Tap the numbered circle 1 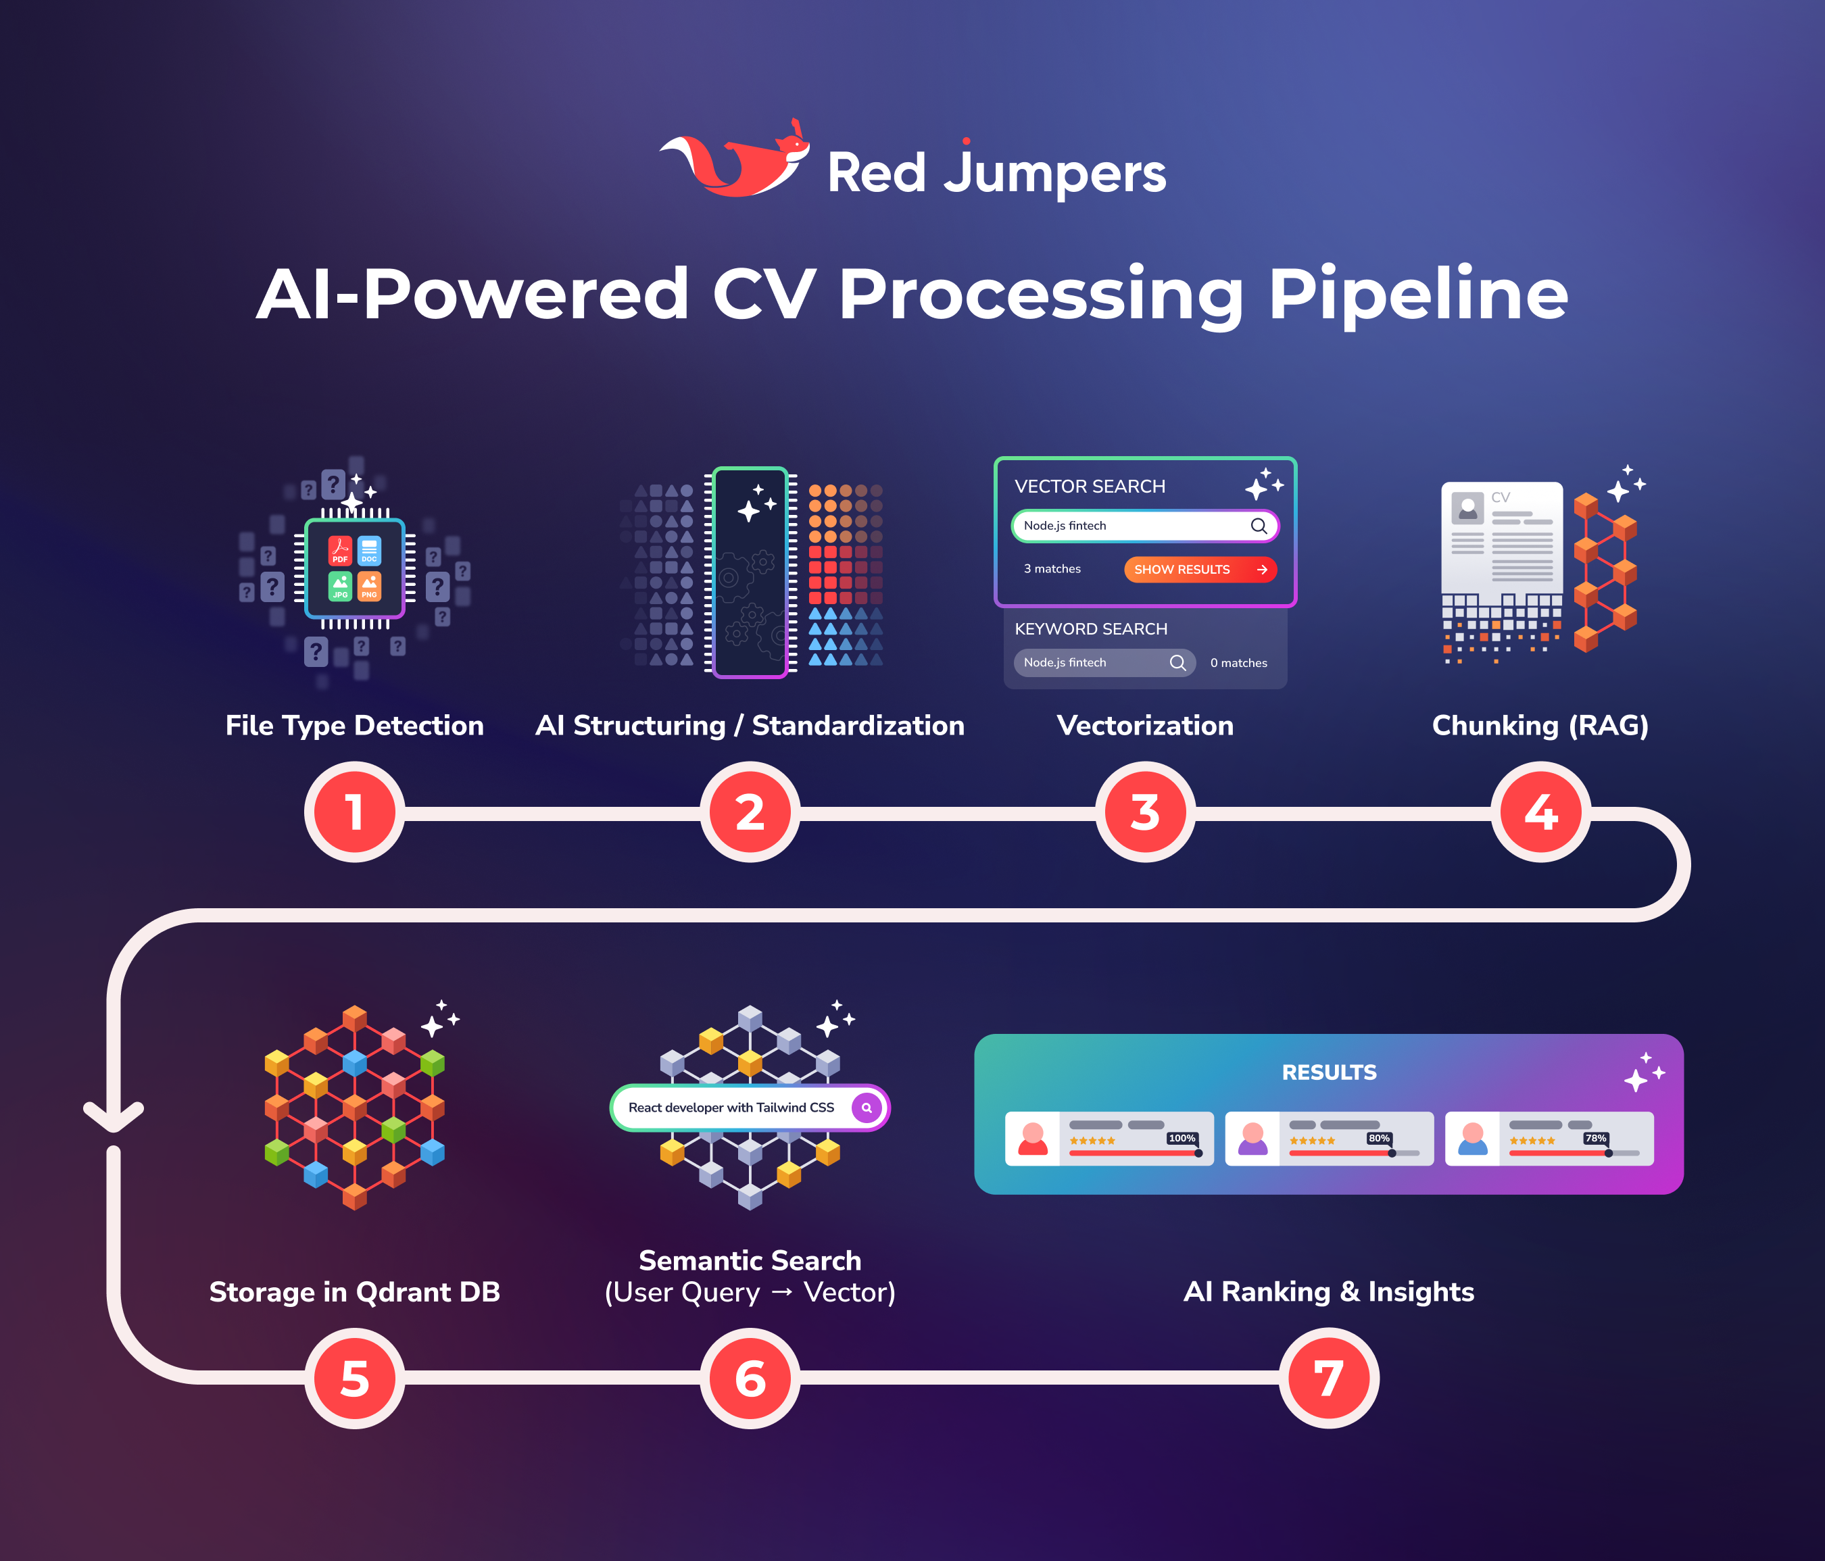coord(354,812)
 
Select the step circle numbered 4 coord(1540,812)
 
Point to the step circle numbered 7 coord(1328,1379)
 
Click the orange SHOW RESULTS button coord(1200,570)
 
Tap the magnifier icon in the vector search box coord(1259,526)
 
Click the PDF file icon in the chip coord(340,550)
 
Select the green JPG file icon coord(340,585)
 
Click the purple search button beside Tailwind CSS coord(867,1108)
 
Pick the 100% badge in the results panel coord(1181,1139)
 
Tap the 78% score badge coord(1595,1139)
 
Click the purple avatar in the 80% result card coord(1252,1139)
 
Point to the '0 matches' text coord(1238,663)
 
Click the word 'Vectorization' coord(1145,726)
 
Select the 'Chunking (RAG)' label coord(1540,726)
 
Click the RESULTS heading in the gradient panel coord(1328,1072)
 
